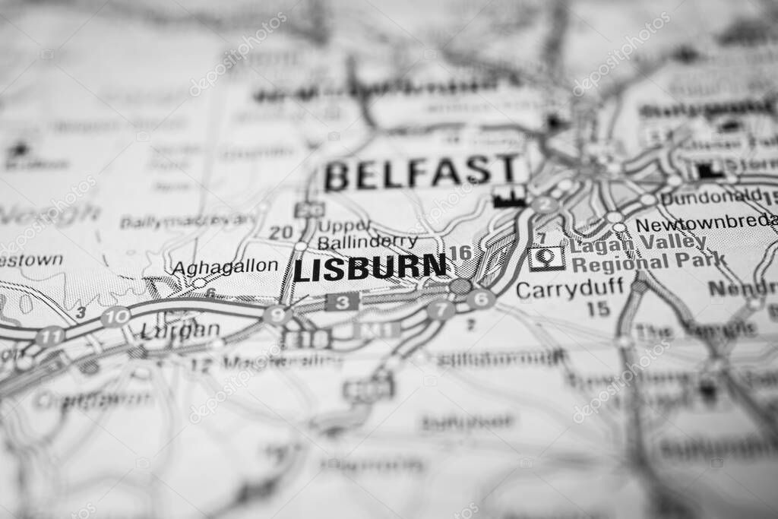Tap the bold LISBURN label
click(x=370, y=268)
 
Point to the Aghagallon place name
click(x=225, y=267)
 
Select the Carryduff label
click(x=569, y=289)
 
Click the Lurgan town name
click(x=180, y=331)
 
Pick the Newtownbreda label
click(x=705, y=225)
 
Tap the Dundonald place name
click(x=711, y=198)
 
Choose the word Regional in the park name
click(x=611, y=262)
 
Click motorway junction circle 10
click(x=115, y=317)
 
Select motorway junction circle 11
click(x=50, y=336)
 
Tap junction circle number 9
click(x=277, y=315)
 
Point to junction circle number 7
click(x=441, y=309)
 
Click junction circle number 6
click(x=481, y=299)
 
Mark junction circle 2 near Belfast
click(x=545, y=204)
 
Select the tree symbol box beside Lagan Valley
click(x=547, y=259)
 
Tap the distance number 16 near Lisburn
click(x=460, y=252)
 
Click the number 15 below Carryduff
click(x=599, y=309)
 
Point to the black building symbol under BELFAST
click(x=509, y=196)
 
